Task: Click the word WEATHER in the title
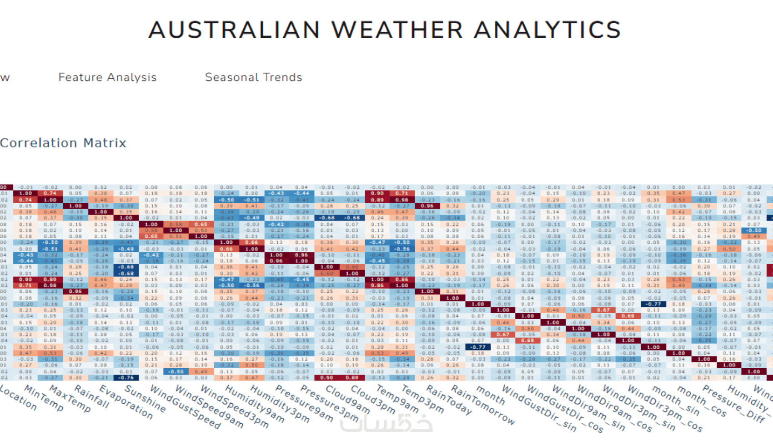click(x=397, y=30)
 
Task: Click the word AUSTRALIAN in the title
click(x=234, y=30)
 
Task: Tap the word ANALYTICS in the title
click(x=547, y=30)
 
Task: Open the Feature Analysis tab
click(x=107, y=77)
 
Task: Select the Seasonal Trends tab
click(x=253, y=77)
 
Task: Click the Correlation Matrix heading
click(x=63, y=143)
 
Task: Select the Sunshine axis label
click(x=145, y=399)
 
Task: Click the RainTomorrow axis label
click(x=482, y=405)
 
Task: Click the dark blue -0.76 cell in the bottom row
click(x=126, y=377)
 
